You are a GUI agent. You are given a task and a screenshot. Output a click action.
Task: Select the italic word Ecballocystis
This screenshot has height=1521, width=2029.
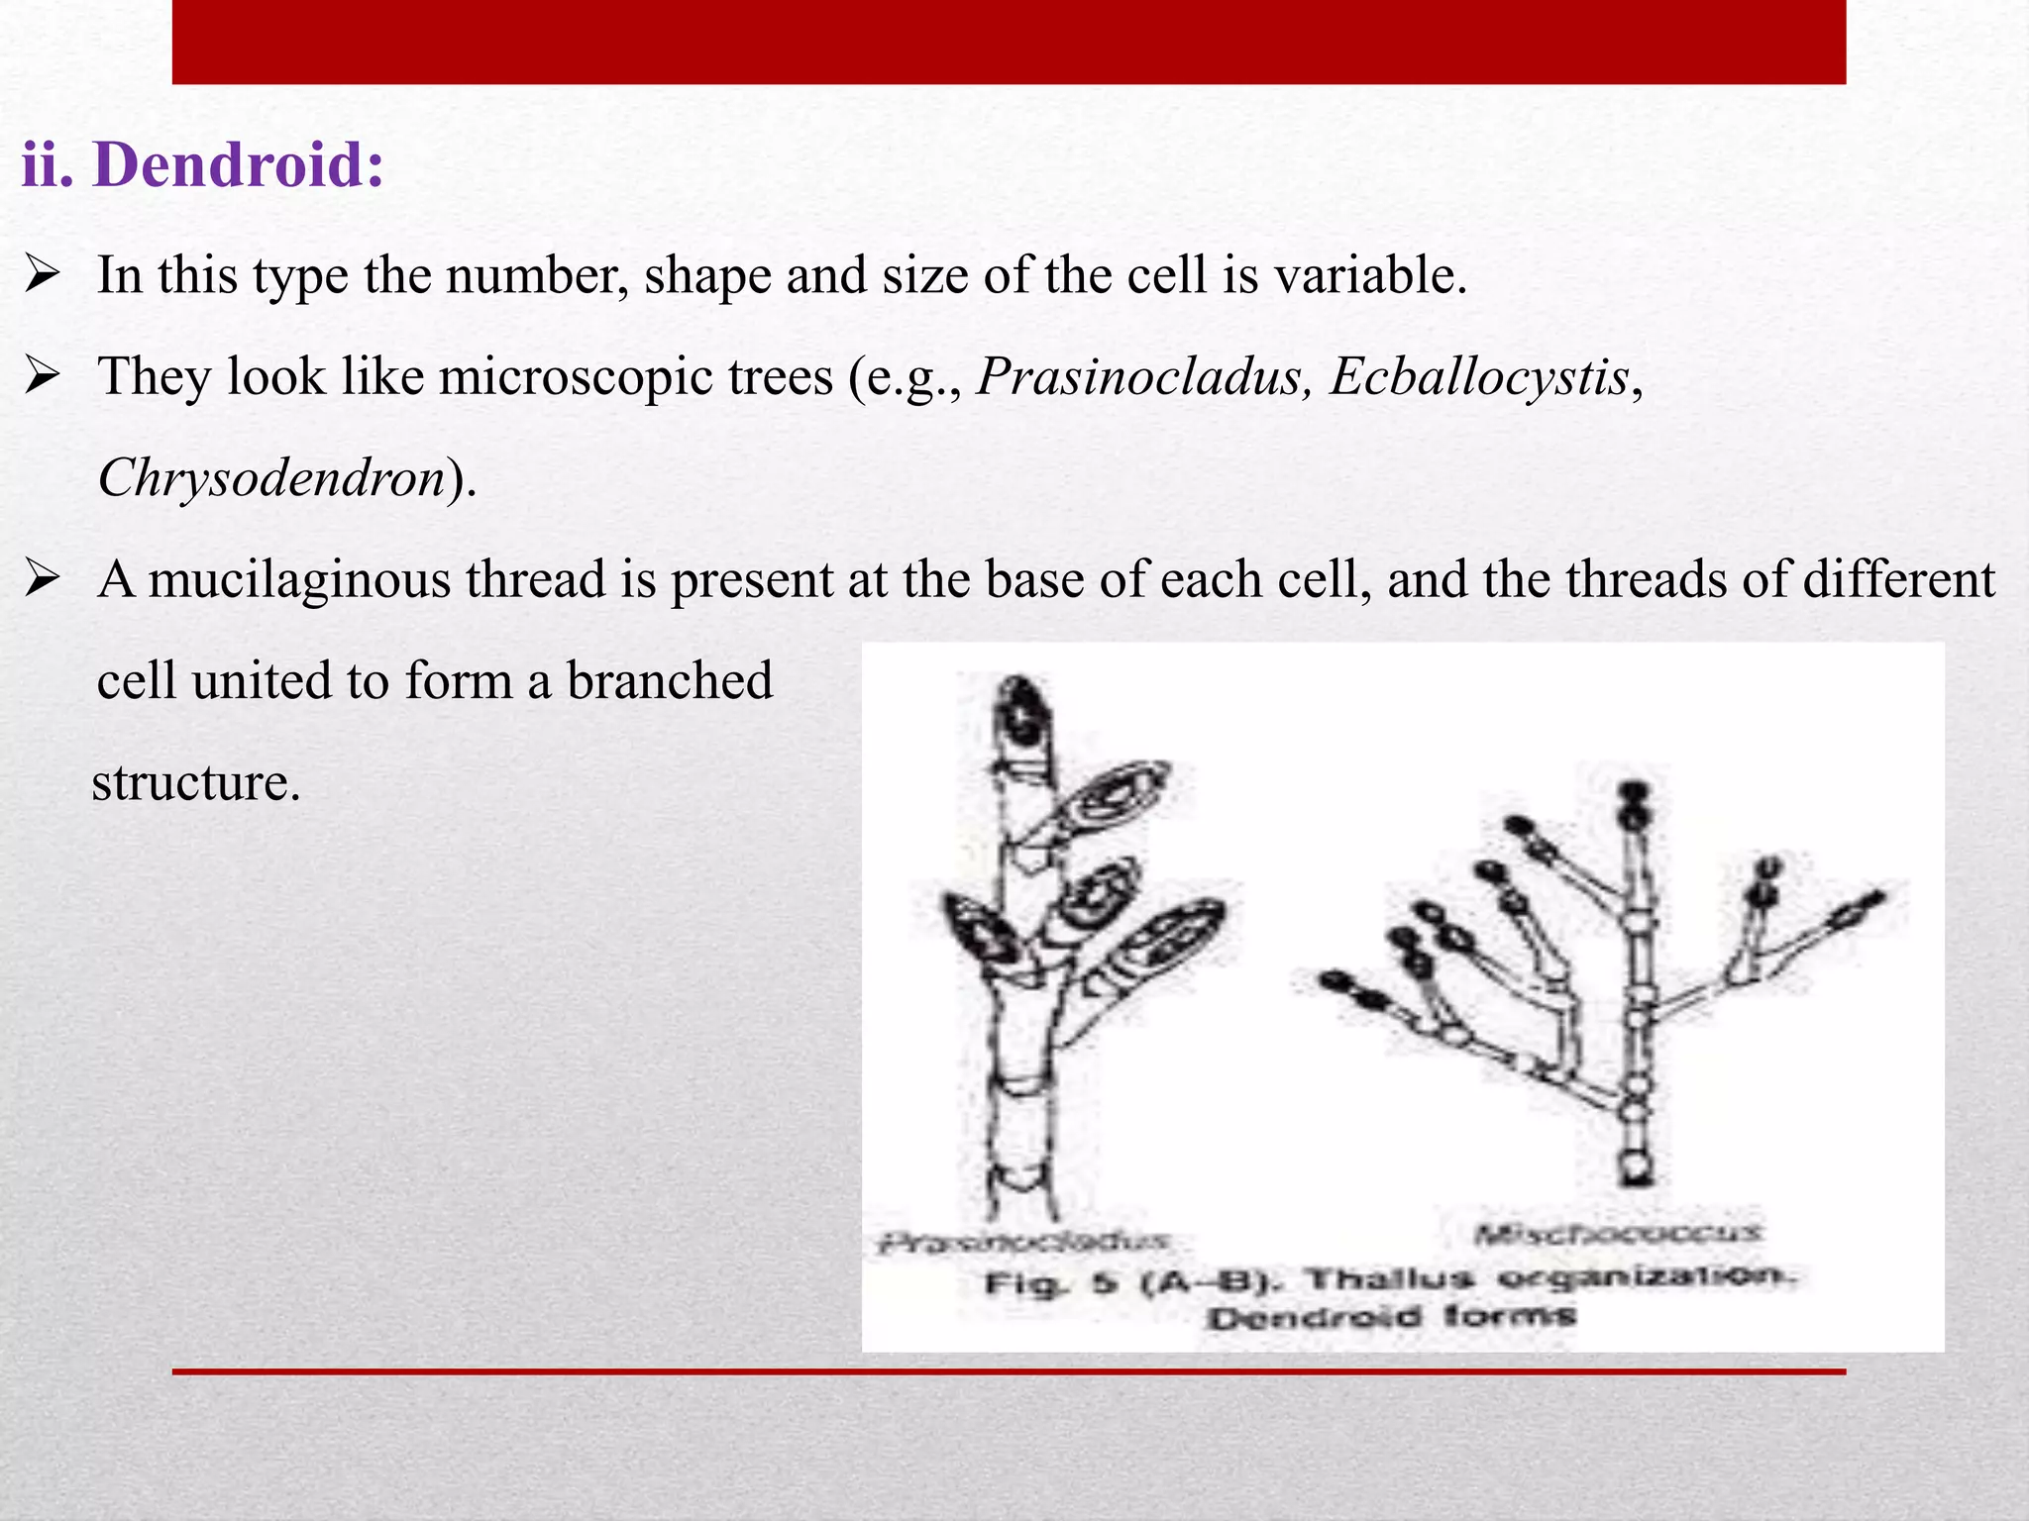[1479, 377]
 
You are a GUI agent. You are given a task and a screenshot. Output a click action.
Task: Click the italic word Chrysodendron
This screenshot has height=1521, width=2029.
[270, 478]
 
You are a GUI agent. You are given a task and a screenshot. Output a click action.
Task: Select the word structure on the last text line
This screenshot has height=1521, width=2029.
[195, 782]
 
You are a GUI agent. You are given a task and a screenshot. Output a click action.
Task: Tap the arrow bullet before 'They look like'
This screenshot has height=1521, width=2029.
[44, 376]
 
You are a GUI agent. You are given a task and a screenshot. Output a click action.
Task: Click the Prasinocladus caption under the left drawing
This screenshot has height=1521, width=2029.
[1023, 1241]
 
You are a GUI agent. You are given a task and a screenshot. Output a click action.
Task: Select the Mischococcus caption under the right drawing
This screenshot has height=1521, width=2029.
[1617, 1234]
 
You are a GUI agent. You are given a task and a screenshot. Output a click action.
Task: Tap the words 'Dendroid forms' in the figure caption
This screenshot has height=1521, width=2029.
[1389, 1318]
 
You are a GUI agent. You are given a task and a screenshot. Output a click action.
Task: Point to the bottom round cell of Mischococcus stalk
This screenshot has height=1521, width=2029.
[1636, 1166]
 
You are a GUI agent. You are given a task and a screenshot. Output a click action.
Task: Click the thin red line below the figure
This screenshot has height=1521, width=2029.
[1009, 1371]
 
